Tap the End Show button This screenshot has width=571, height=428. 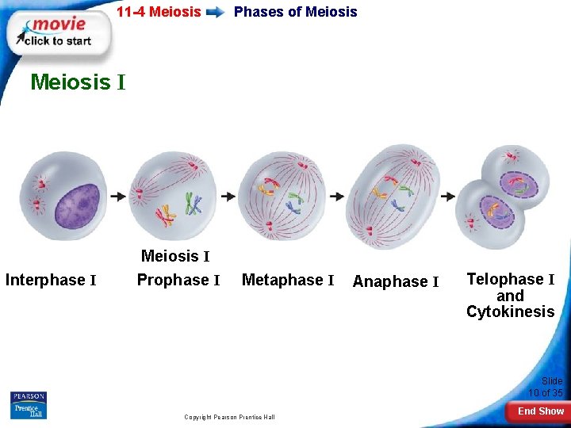[x=540, y=411]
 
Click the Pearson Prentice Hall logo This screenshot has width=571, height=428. [x=29, y=405]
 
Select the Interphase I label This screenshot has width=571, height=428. [x=51, y=280]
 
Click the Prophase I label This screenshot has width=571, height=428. [x=178, y=280]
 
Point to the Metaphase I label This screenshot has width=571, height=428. [x=288, y=280]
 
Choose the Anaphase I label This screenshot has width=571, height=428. [x=396, y=281]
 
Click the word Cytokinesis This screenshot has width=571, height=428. [x=510, y=311]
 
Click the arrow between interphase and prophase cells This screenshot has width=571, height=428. [x=118, y=196]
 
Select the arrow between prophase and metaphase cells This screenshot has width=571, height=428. [x=228, y=196]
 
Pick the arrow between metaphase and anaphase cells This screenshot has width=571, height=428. [x=336, y=196]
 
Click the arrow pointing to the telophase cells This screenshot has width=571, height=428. [x=447, y=196]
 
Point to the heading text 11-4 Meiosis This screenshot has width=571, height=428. [x=159, y=12]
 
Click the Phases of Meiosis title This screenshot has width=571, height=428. [x=295, y=12]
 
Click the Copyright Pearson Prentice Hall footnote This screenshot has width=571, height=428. [x=229, y=417]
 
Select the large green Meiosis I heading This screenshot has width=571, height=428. [x=78, y=82]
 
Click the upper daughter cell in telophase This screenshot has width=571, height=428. [x=516, y=173]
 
